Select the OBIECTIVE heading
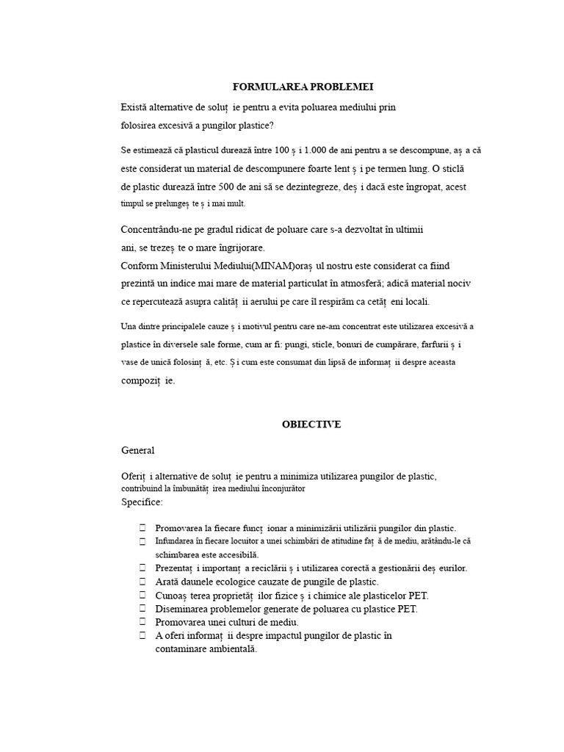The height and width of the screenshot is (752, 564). click(x=312, y=424)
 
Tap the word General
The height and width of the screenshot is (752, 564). click(x=138, y=450)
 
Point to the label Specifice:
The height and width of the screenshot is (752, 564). click(x=142, y=502)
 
